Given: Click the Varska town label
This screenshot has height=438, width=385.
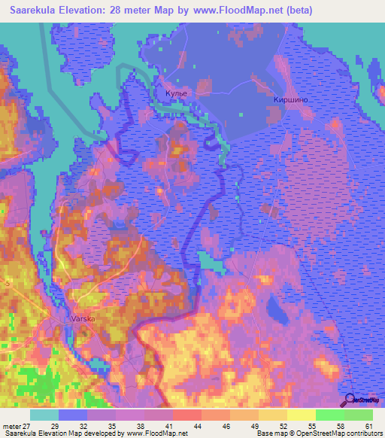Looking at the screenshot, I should tap(83, 318).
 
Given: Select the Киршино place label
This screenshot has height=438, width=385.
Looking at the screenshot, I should tap(291, 99).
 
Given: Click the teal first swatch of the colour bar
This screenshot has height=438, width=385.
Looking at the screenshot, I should tap(44, 415).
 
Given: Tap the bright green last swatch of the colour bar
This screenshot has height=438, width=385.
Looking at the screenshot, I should tap(359, 415).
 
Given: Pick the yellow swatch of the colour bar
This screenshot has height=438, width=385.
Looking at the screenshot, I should tap(301, 415).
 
